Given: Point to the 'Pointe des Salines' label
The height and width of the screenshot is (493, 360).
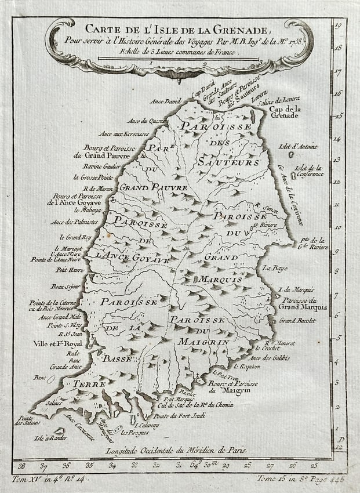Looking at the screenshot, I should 24,420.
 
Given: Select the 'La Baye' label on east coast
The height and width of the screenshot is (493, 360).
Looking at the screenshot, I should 270,268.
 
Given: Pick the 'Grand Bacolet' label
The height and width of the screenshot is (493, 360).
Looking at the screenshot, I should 297,320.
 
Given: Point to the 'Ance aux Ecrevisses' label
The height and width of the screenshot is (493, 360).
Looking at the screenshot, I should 124,133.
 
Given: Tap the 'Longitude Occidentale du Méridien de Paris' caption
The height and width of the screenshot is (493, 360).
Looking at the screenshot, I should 176,449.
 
